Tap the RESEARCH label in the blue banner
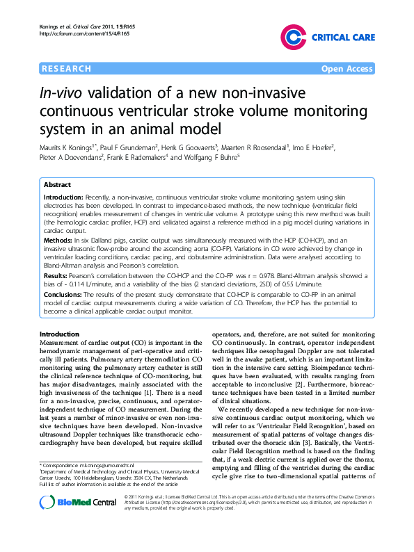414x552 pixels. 66,69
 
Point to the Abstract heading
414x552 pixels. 57,186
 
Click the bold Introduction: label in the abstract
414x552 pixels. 66,198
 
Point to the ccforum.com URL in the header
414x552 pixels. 76,33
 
